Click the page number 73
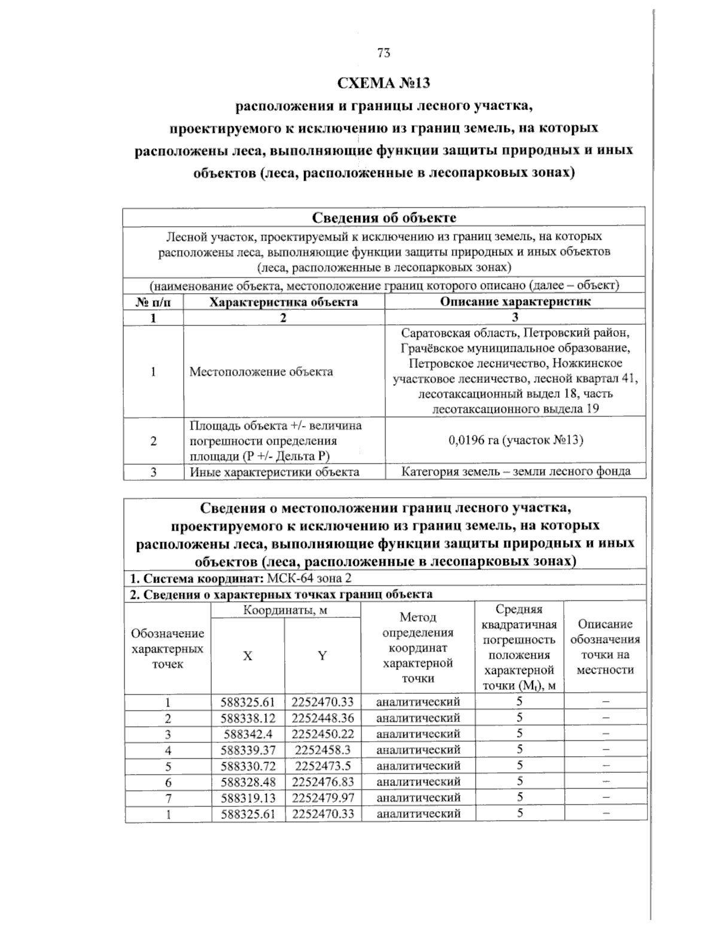click(384, 53)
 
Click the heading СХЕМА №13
click(384, 82)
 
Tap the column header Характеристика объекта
click(284, 301)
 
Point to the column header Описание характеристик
click(515, 301)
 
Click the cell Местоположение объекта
click(261, 371)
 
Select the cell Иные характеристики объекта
click(274, 471)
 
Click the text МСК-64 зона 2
click(313, 578)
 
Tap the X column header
click(247, 656)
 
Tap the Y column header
click(322, 656)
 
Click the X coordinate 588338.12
click(247, 718)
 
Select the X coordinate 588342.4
click(247, 733)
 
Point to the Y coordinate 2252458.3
click(323, 750)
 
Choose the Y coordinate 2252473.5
click(323, 766)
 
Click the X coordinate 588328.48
click(247, 781)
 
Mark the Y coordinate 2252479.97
click(323, 797)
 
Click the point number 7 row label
click(168, 797)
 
